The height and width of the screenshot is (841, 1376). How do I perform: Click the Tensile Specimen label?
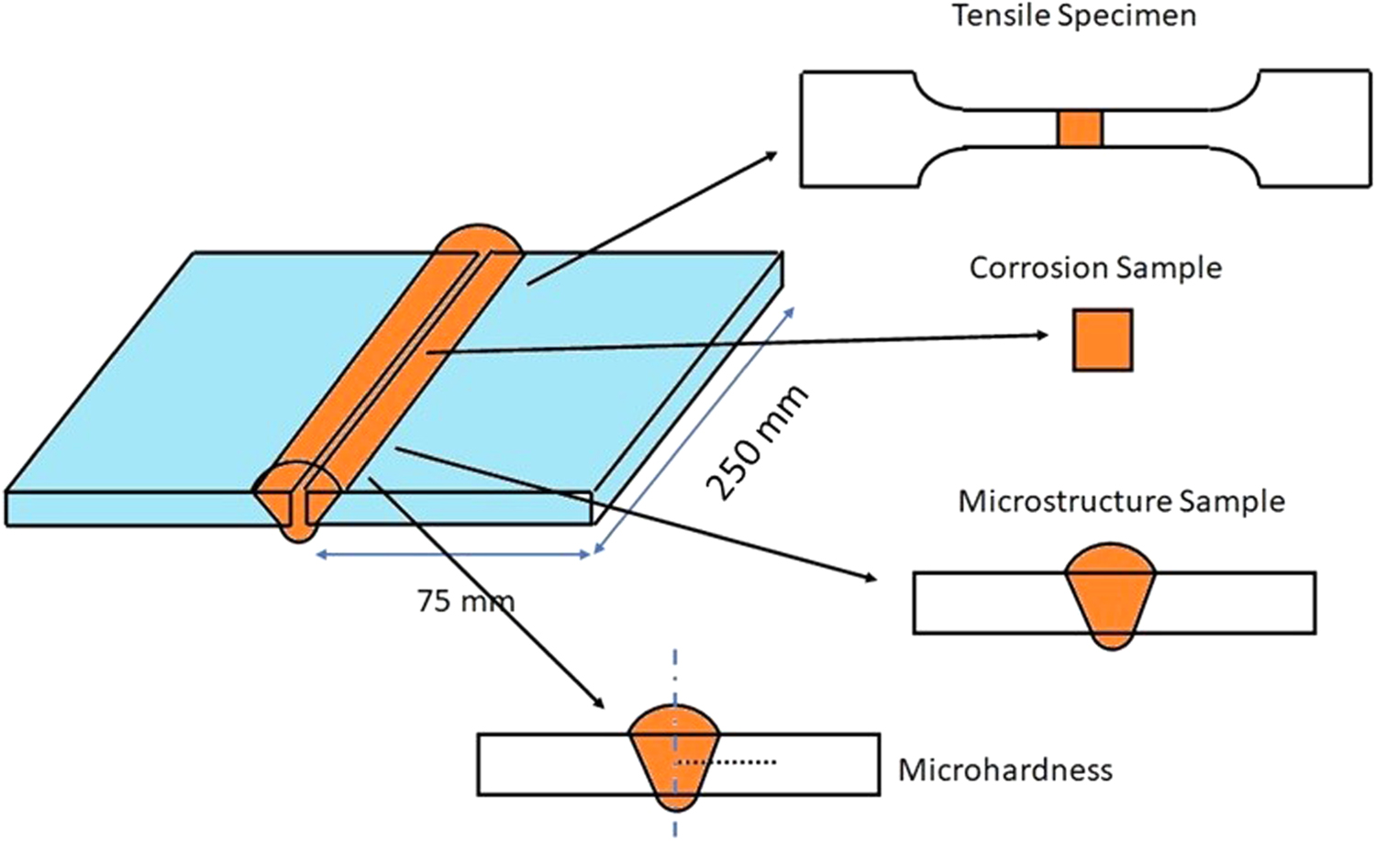click(x=1073, y=16)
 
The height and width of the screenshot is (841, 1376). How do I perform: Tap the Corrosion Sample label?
click(x=1095, y=268)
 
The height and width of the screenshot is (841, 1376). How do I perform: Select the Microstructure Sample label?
click(x=1121, y=502)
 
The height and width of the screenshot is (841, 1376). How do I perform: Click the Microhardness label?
click(x=1004, y=769)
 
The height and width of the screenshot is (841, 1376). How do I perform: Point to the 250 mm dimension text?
click(x=756, y=442)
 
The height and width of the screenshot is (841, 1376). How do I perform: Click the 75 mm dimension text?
click(x=465, y=601)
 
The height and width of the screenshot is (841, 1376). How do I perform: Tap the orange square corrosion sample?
click(x=1103, y=340)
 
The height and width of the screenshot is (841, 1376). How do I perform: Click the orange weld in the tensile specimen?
click(x=1079, y=129)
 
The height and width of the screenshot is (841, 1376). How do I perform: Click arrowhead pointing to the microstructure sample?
click(x=869, y=577)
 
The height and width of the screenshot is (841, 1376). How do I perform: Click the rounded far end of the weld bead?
click(x=479, y=237)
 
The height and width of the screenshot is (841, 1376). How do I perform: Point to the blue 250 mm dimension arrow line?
click(x=694, y=430)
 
